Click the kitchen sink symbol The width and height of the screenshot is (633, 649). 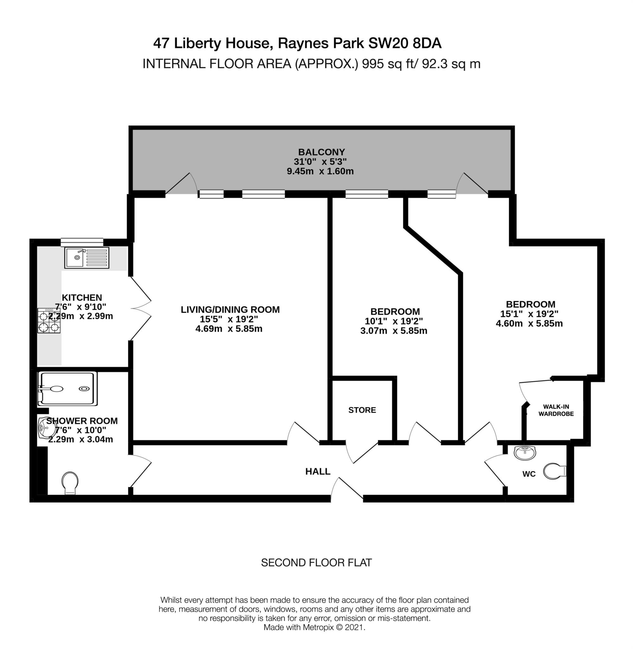(x=87, y=258)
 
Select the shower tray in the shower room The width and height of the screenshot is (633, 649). (x=67, y=389)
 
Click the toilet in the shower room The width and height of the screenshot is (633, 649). (x=70, y=482)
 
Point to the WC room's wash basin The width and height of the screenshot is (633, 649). (x=525, y=453)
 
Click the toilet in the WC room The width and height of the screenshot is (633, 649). (x=554, y=472)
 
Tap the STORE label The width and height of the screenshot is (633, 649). (x=362, y=410)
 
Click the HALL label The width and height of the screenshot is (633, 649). (x=317, y=472)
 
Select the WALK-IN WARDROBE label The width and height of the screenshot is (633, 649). (x=556, y=410)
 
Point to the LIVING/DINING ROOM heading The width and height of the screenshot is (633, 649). (x=230, y=310)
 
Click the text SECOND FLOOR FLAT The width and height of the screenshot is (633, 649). (x=316, y=562)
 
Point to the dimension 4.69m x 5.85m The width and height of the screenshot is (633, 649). (x=229, y=329)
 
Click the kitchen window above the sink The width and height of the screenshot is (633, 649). (x=82, y=242)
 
